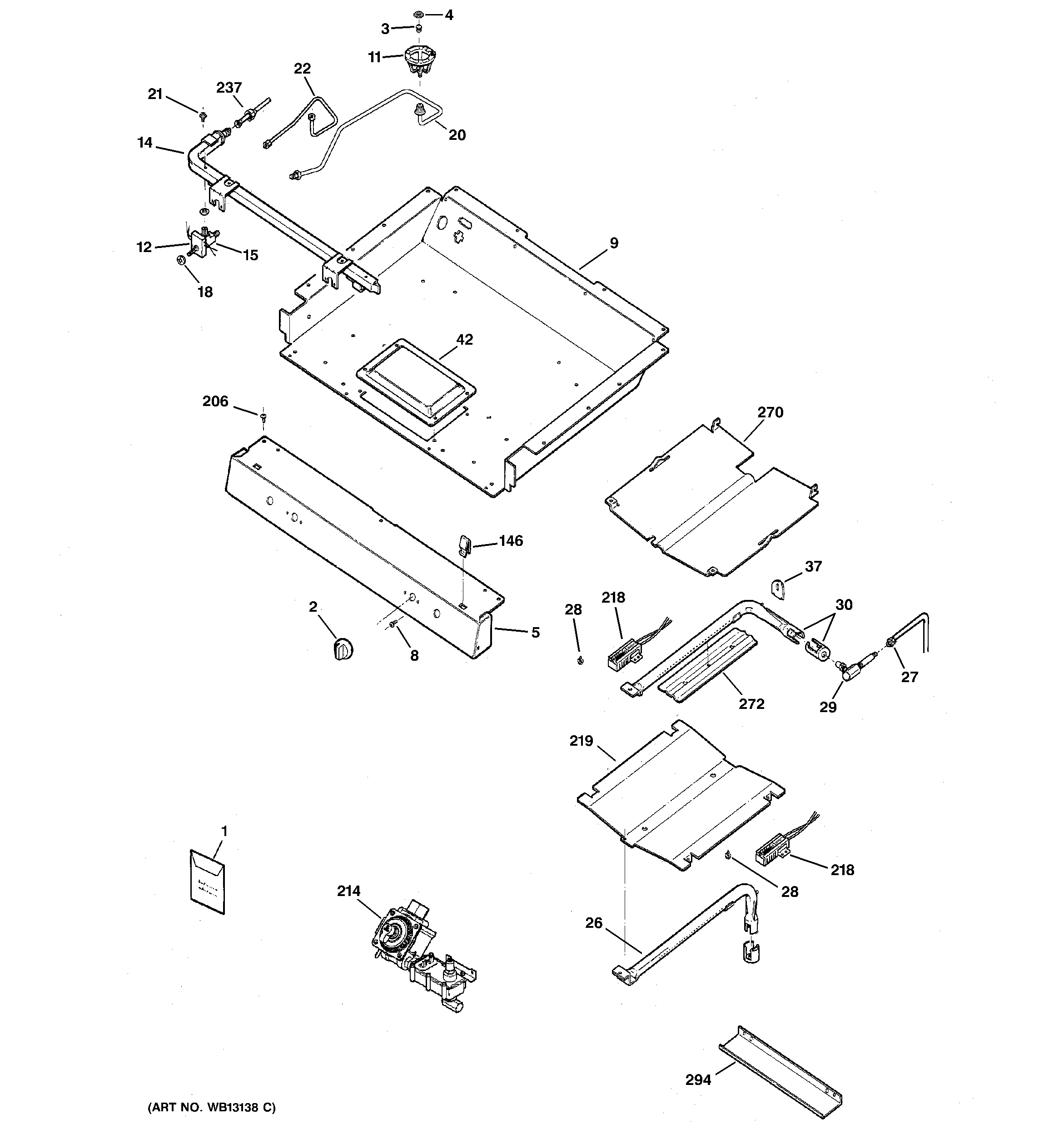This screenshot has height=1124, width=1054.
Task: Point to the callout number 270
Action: tap(770, 413)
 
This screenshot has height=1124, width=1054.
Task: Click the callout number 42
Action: tap(464, 340)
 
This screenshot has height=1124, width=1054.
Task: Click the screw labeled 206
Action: tap(263, 417)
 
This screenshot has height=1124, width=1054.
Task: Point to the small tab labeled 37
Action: tap(779, 589)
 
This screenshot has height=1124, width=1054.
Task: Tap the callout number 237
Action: tap(229, 88)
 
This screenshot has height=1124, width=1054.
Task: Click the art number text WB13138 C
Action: tap(212, 1107)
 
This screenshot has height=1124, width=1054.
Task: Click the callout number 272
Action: tap(751, 704)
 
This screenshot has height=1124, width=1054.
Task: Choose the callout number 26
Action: tap(593, 923)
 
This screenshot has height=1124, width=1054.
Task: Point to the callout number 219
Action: tap(581, 741)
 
